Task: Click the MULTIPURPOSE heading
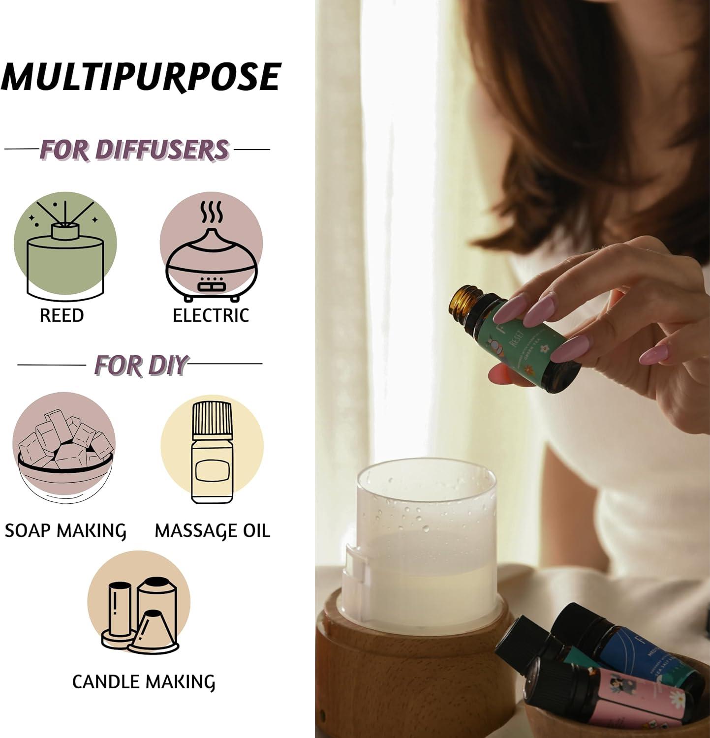click(x=141, y=77)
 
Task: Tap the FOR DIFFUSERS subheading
click(x=134, y=150)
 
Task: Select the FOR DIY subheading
click(x=141, y=365)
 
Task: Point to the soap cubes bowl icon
click(x=64, y=445)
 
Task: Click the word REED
click(x=62, y=315)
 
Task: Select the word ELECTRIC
click(x=211, y=315)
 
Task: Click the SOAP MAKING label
click(x=65, y=531)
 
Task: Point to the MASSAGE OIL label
click(x=212, y=531)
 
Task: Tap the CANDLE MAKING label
click(x=143, y=682)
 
